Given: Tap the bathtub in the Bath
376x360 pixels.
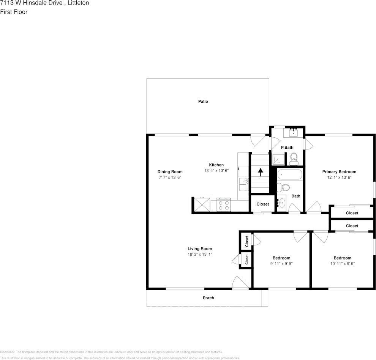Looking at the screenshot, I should pos(289,175).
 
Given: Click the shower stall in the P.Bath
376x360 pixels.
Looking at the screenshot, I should pos(278,159).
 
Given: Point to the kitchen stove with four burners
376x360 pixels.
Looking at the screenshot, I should pos(223,205).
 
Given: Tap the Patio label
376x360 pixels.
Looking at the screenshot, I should pos(203,102).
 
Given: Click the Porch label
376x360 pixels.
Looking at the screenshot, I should pos(208,298).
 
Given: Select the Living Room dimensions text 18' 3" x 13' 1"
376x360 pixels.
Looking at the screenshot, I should pos(199,254).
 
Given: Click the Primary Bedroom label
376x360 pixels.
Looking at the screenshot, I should pos(339,172).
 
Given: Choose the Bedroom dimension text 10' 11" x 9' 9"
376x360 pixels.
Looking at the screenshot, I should pos(342,263).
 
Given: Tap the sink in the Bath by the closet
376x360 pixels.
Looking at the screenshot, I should pos(281,203).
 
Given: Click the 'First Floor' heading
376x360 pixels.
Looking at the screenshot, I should pos(14,12).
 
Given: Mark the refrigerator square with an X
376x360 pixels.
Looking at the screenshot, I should pos(201,205).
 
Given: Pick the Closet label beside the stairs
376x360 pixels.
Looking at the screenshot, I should pos(262,204).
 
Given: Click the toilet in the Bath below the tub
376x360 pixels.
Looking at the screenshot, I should pos(284,187).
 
